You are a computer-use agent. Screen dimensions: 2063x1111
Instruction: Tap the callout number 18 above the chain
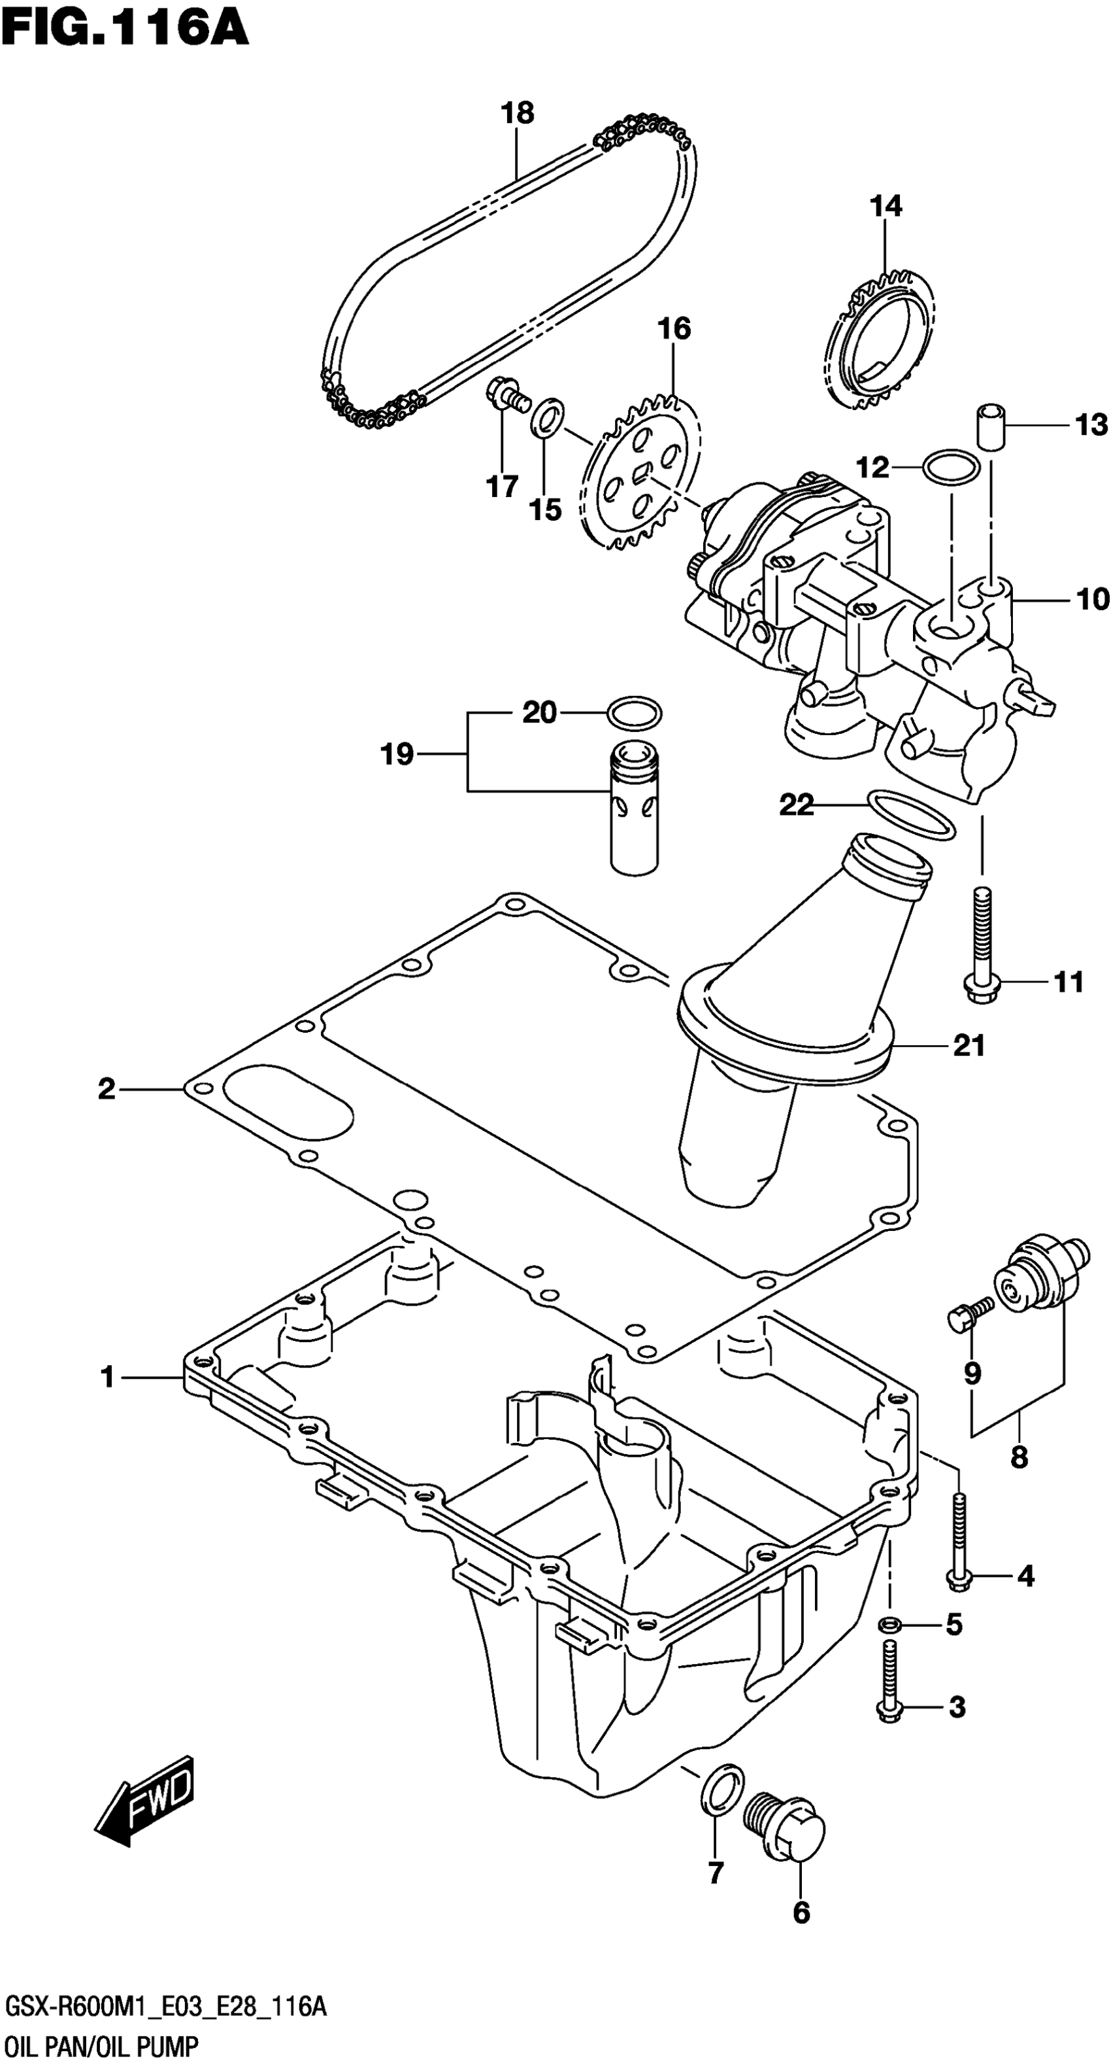pos(517,113)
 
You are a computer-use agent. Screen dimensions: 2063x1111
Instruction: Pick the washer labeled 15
pos(548,417)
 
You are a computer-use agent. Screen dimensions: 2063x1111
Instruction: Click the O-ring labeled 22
pos(911,814)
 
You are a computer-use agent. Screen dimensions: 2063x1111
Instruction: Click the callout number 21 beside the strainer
pos(969,1045)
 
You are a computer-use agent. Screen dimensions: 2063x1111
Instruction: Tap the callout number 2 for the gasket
pos(107,1089)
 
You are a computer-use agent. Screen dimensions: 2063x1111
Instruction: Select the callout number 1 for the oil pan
pos(107,1378)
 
